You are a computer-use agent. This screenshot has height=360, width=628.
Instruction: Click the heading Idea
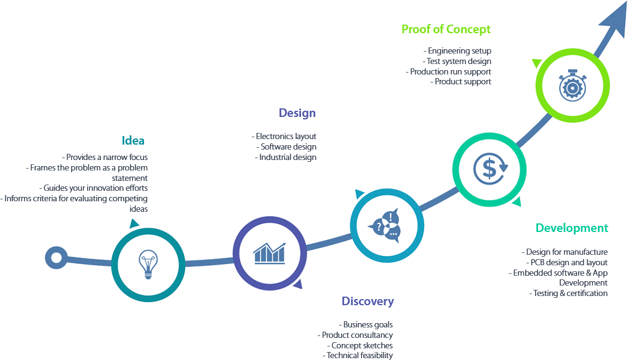[133, 140]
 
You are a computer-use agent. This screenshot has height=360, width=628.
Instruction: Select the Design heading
[297, 113]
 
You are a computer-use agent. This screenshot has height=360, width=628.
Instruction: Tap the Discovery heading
[368, 302]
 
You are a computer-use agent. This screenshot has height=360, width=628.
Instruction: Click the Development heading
[571, 228]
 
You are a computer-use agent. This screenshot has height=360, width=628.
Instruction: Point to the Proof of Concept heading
[446, 29]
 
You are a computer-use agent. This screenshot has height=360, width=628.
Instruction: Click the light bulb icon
[148, 264]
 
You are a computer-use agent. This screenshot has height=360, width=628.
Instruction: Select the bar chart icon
[270, 252]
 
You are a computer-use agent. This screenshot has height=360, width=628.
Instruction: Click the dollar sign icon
[489, 168]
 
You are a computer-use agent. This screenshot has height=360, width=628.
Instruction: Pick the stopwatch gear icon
[572, 86]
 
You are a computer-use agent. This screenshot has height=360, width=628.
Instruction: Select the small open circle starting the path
[57, 257]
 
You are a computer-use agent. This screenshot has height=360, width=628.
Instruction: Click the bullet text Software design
[286, 147]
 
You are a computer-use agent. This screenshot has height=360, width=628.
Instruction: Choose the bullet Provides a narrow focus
[105, 158]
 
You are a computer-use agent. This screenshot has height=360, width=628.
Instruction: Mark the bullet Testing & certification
[568, 294]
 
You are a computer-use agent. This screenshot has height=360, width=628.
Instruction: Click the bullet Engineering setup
[457, 51]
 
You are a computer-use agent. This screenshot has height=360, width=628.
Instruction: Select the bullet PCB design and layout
[566, 263]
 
